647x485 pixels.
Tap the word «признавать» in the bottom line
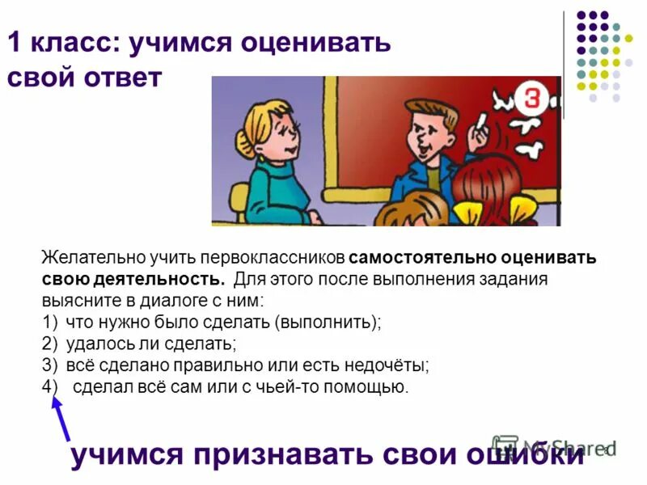coord(293,455)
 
